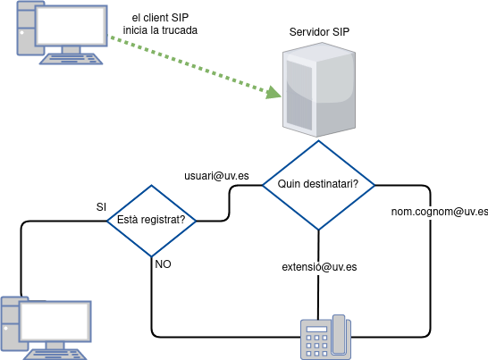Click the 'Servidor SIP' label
pyautogui.click(x=319, y=32)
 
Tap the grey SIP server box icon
pyautogui.click(x=319, y=89)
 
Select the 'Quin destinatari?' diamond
pyautogui.click(x=318, y=185)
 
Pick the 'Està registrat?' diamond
pyautogui.click(x=152, y=221)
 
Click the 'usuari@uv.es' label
pyautogui.click(x=216, y=176)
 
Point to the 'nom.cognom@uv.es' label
pyautogui.click(x=440, y=212)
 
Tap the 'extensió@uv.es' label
pyautogui.click(x=319, y=267)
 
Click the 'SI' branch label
pyautogui.click(x=102, y=207)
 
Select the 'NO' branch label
pyautogui.click(x=163, y=264)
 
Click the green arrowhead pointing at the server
pyautogui.click(x=273, y=93)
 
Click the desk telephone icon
pyautogui.click(x=326, y=338)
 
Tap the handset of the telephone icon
pyautogui.click(x=339, y=334)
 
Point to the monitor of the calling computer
pyautogui.click(x=72, y=26)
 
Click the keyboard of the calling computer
pyautogui.click(x=71, y=59)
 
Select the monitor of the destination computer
pyautogui.click(x=55, y=321)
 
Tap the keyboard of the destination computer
pyautogui.click(x=55, y=355)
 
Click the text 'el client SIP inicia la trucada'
pyautogui.click(x=160, y=24)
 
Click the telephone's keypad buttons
pyautogui.click(x=316, y=346)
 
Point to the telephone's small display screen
pyautogui.click(x=316, y=329)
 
